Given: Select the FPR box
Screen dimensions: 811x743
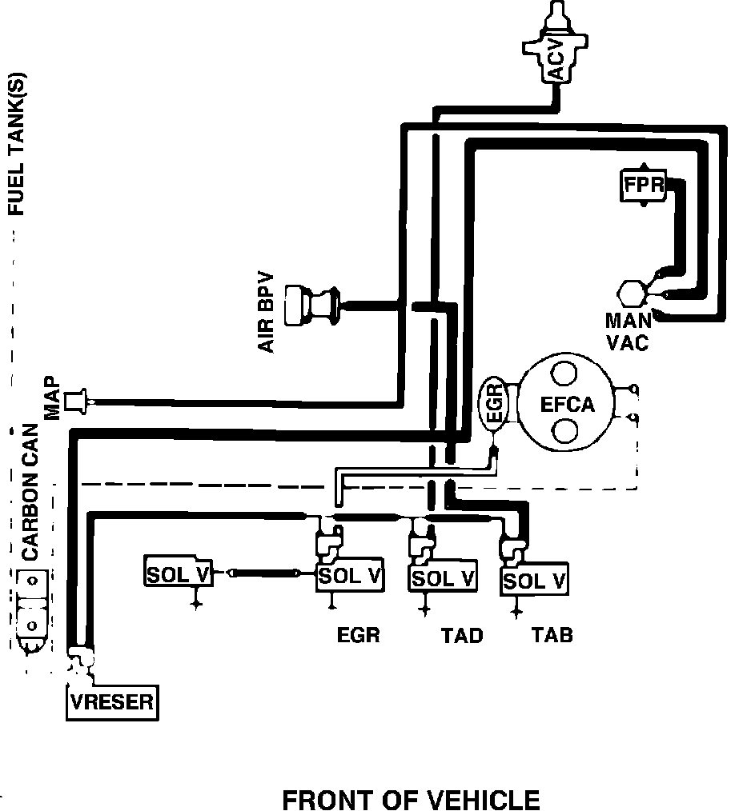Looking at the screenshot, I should pyautogui.click(x=644, y=186).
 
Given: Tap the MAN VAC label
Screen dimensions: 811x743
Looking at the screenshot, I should pyautogui.click(x=628, y=332).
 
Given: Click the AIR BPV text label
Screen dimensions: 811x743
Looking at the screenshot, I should pyautogui.click(x=266, y=312).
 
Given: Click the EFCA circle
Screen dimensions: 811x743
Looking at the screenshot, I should pyautogui.click(x=568, y=403).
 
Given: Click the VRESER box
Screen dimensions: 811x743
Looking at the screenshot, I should pyautogui.click(x=111, y=702).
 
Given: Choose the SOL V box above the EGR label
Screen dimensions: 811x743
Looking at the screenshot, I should pyautogui.click(x=350, y=575).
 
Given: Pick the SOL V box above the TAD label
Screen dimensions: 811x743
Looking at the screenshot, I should pyautogui.click(x=443, y=577).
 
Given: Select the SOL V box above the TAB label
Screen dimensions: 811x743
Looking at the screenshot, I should pyautogui.click(x=535, y=581).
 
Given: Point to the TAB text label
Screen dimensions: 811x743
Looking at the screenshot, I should pyautogui.click(x=552, y=636).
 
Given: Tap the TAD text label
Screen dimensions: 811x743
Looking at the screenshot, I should pyautogui.click(x=462, y=636).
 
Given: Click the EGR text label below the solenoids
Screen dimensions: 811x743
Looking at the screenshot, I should pyautogui.click(x=357, y=636).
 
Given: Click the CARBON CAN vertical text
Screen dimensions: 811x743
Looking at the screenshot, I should pyautogui.click(x=30, y=491).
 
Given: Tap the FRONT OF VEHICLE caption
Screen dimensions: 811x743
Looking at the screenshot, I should pyautogui.click(x=411, y=800).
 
